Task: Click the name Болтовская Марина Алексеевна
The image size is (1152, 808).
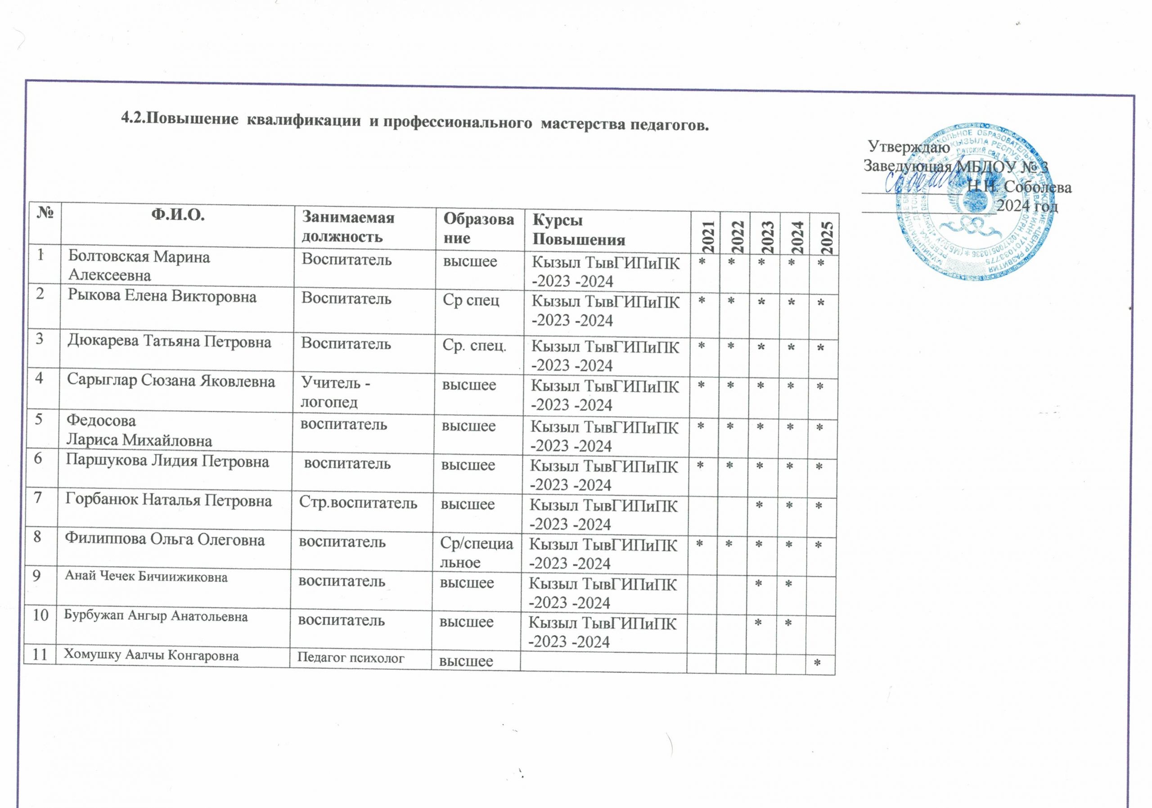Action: pyautogui.click(x=139, y=266)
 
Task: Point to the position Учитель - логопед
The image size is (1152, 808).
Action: pyautogui.click(x=336, y=393)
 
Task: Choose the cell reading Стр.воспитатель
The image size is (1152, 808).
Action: pyautogui.click(x=358, y=503)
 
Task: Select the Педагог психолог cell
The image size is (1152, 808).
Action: pyautogui.click(x=351, y=658)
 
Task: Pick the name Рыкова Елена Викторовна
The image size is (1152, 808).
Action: pyautogui.click(x=162, y=297)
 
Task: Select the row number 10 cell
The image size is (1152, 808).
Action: pyautogui.click(x=40, y=615)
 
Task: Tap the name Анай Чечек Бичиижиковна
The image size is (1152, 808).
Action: pyautogui.click(x=146, y=577)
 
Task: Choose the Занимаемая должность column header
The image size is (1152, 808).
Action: pyautogui.click(x=348, y=226)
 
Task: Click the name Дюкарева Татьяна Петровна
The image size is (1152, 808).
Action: pyautogui.click(x=170, y=342)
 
